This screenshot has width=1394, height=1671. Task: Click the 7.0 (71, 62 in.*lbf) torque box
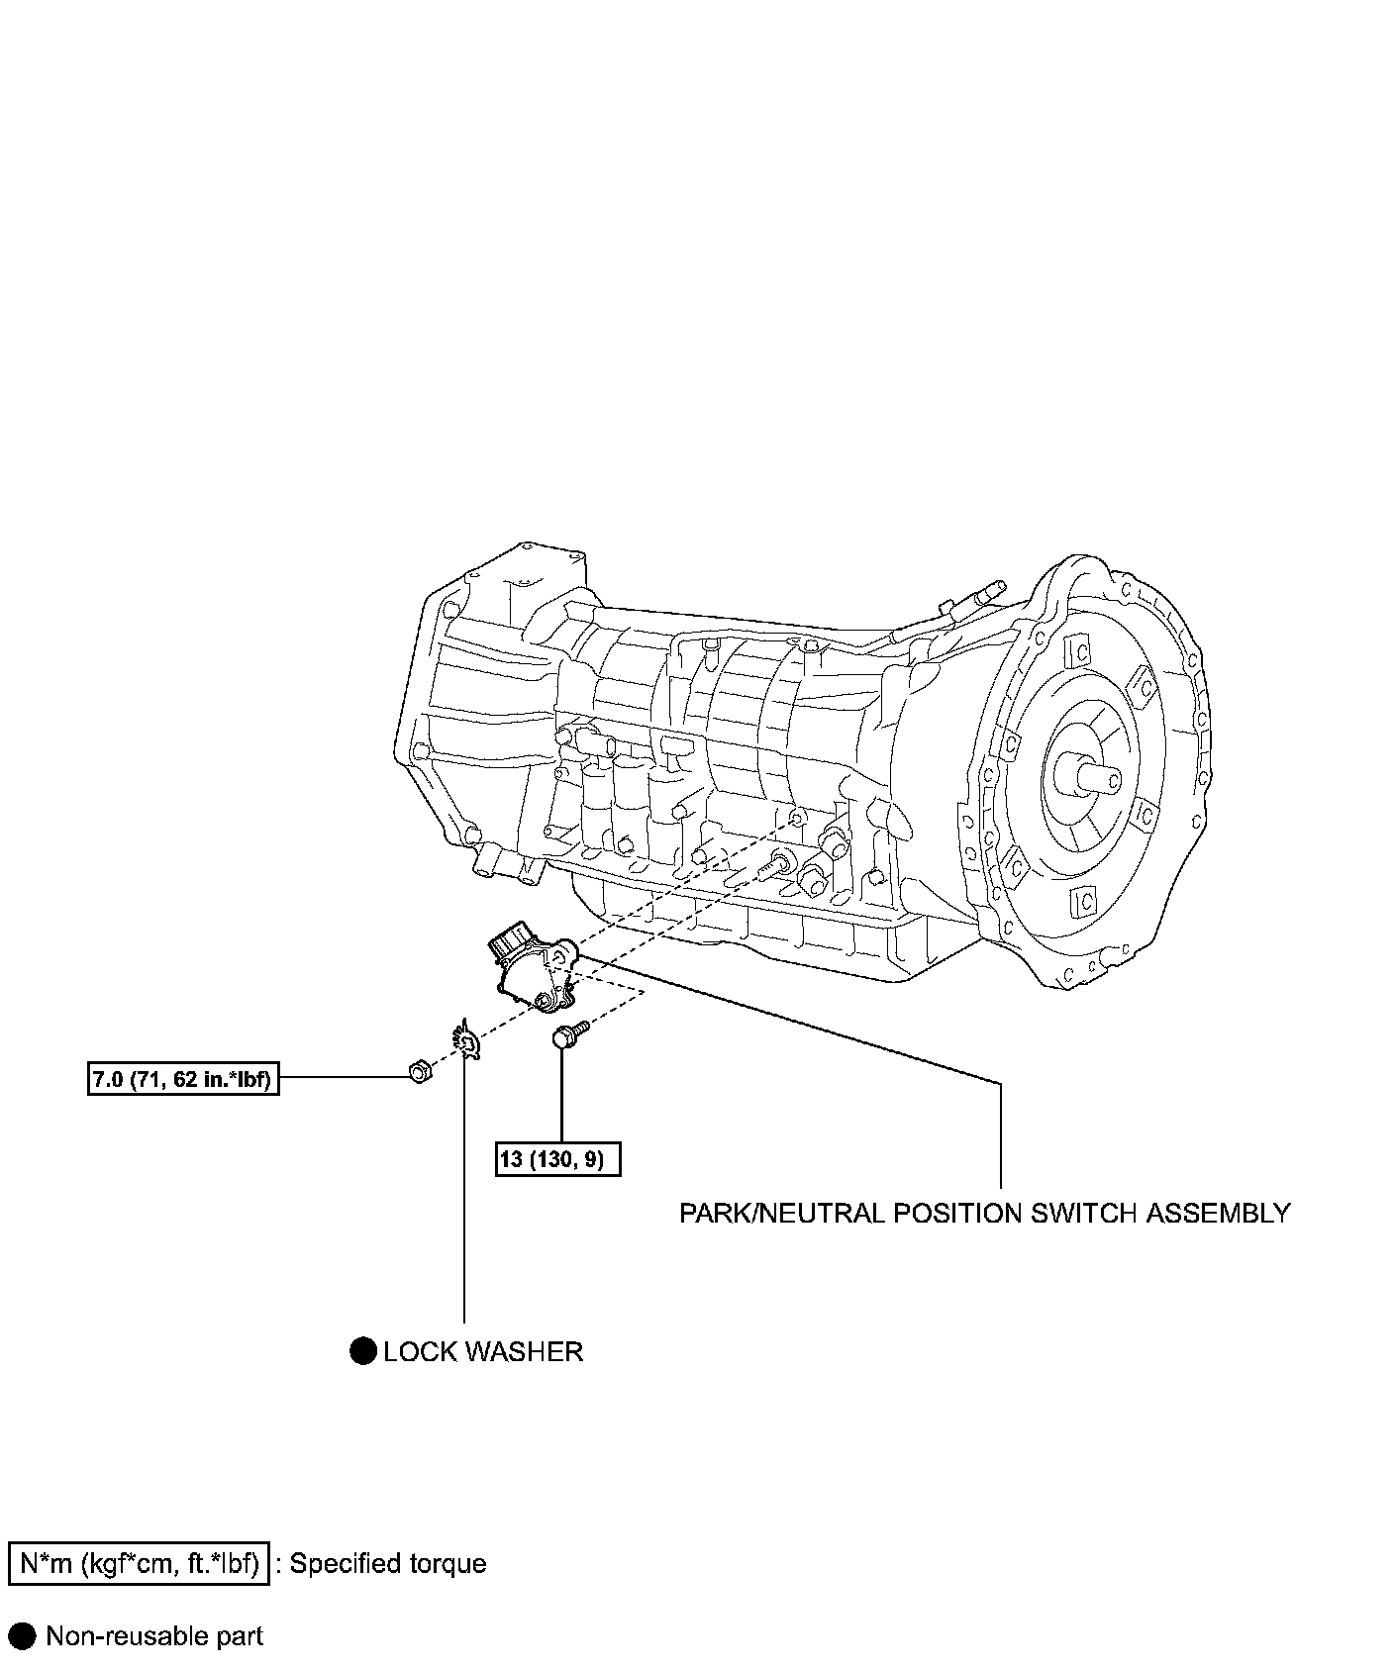[x=181, y=1078]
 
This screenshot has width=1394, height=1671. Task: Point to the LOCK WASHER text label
[x=483, y=1351]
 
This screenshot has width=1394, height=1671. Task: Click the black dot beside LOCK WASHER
[x=363, y=1350]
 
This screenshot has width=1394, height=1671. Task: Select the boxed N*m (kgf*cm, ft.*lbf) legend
[x=139, y=1563]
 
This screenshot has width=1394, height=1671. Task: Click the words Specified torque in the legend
[x=388, y=1564]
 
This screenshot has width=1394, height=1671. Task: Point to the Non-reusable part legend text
[x=154, y=1636]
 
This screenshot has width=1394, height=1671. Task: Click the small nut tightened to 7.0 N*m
[x=419, y=1069]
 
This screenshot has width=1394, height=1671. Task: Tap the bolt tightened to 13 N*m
[x=567, y=1036]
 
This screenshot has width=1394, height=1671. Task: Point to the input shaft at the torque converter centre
[x=1088, y=771]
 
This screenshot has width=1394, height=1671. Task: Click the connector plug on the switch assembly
[x=511, y=937]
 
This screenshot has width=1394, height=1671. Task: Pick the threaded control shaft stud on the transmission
[x=775, y=864]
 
